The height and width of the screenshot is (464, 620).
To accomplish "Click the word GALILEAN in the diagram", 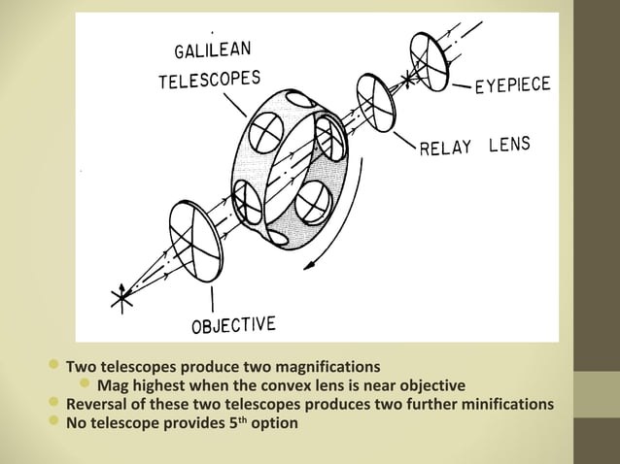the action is click(x=213, y=50).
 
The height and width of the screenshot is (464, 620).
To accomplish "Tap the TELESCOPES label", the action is click(x=210, y=80).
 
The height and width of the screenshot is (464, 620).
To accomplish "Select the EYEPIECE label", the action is click(x=513, y=85).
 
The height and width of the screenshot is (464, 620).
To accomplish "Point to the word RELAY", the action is click(x=445, y=148).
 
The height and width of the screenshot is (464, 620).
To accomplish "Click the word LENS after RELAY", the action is click(x=509, y=144).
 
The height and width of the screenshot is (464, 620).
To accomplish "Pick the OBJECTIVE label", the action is click(x=233, y=325).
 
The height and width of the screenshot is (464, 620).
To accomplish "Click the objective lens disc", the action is click(x=195, y=242).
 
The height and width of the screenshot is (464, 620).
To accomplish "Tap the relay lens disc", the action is click(x=376, y=103).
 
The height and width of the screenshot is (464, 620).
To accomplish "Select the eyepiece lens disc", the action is click(x=430, y=61).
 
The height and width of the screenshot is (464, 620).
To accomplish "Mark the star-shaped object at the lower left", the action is click(x=121, y=298).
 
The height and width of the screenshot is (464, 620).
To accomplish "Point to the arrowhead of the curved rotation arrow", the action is click(x=309, y=266).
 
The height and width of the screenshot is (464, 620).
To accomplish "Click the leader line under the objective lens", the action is click(x=212, y=299).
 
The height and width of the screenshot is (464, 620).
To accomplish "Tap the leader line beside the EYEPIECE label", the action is click(x=461, y=85).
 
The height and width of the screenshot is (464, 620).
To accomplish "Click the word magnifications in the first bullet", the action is click(x=327, y=367).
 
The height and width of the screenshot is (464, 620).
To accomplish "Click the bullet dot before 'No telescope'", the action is click(x=53, y=420).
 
